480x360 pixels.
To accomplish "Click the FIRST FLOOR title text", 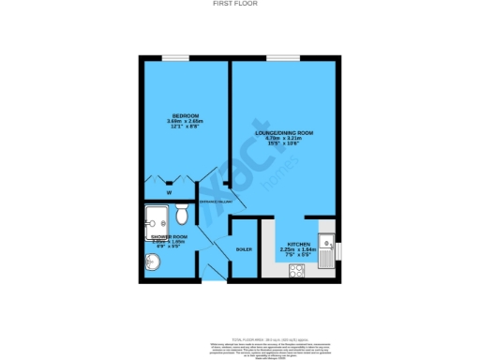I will tap(239, 4).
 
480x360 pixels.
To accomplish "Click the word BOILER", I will tap(243, 249).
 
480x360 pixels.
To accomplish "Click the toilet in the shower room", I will tap(182, 216).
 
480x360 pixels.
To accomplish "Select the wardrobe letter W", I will tap(170, 193).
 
